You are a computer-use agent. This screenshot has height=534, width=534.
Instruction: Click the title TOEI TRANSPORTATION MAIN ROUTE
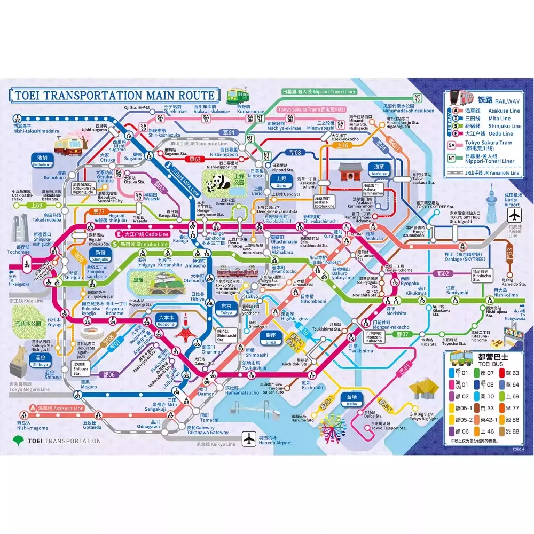(x=114, y=96)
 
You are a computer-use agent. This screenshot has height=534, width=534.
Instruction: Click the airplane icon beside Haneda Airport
(x=249, y=438)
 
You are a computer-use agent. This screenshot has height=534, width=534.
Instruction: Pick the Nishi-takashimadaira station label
(x=29, y=129)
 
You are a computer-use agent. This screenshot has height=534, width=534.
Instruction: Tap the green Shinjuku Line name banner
(x=144, y=244)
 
